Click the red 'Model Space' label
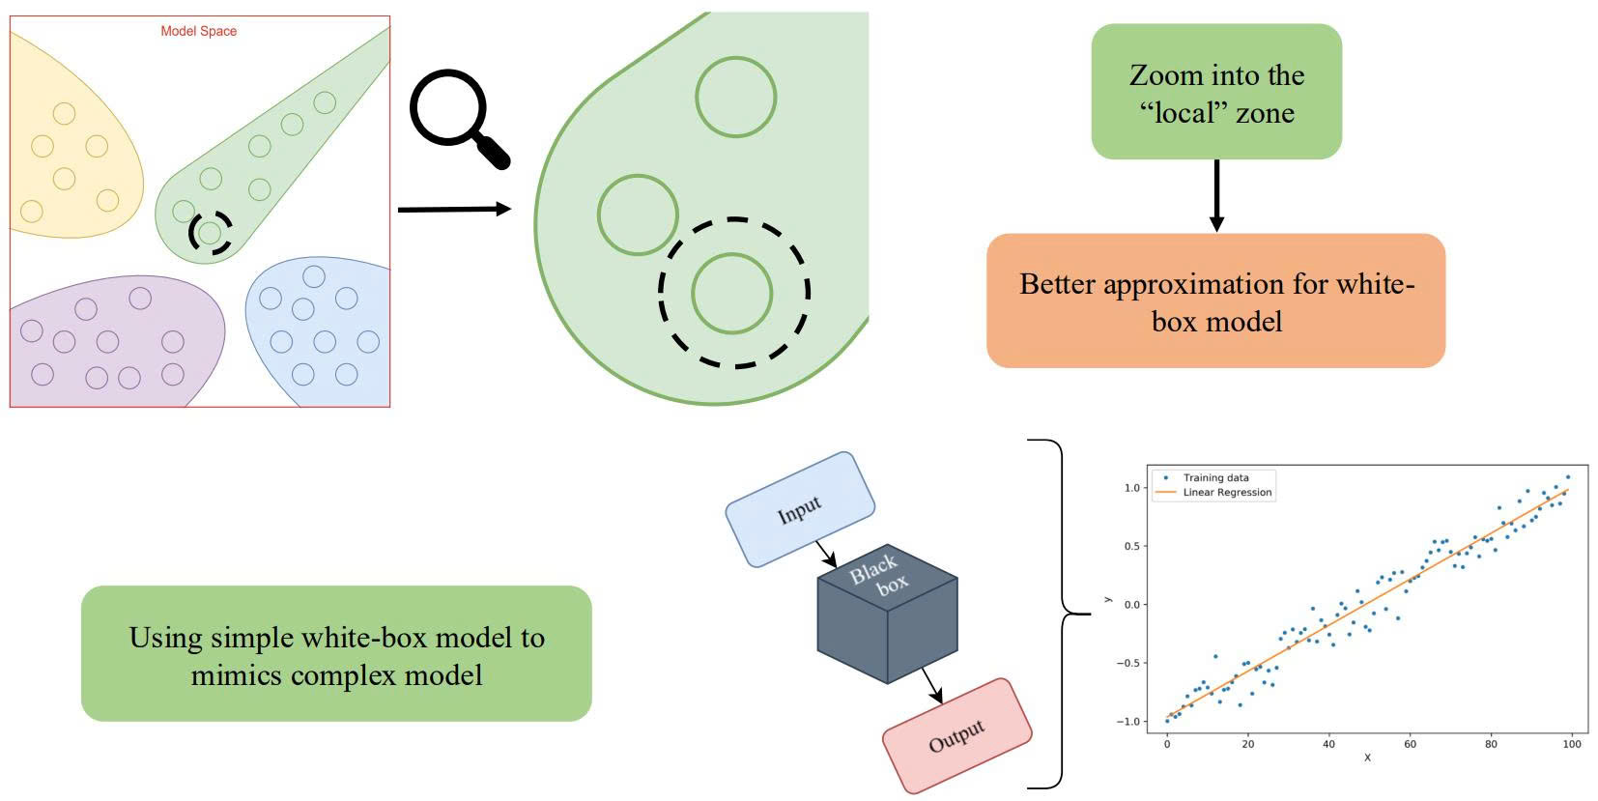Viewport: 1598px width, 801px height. point(198,31)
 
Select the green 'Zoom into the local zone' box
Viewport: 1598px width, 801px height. point(1216,92)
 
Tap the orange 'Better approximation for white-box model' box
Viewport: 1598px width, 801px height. point(1215,300)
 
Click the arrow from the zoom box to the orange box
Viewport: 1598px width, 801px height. point(1216,195)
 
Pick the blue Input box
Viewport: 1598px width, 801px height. point(800,508)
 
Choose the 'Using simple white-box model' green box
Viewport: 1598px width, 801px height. point(336,654)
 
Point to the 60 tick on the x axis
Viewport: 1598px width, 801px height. point(1411,744)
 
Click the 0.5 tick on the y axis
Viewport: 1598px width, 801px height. point(1130,547)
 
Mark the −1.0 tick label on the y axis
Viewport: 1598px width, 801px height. point(1127,722)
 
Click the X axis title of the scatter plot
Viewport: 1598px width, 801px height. point(1367,758)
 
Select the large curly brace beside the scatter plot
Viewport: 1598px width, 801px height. point(1061,614)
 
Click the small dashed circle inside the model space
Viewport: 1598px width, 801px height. point(210,233)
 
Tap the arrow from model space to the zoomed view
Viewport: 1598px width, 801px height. point(454,209)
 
